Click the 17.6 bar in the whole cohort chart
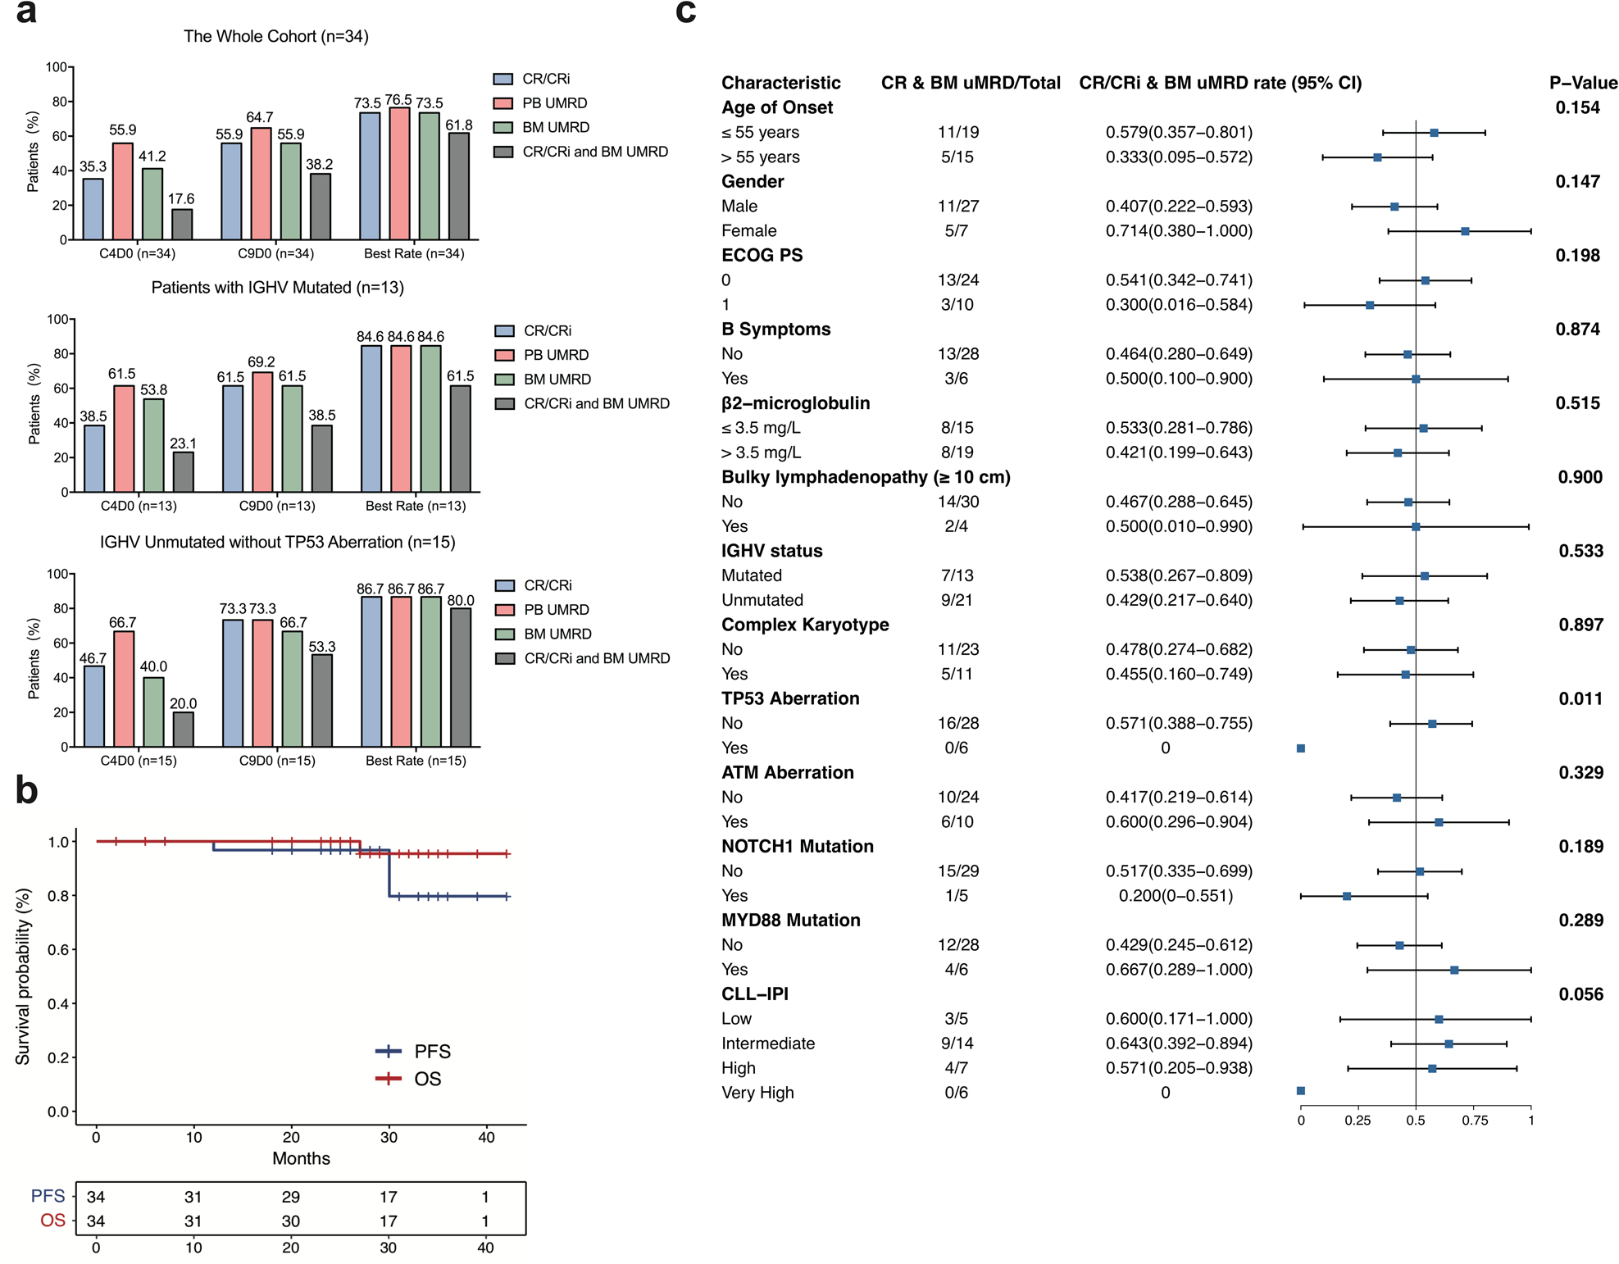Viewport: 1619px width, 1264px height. pos(182,224)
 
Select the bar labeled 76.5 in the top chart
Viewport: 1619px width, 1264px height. pos(399,174)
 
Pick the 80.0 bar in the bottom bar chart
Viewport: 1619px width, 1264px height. pos(461,676)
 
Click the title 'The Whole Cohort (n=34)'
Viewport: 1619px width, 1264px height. pos(275,36)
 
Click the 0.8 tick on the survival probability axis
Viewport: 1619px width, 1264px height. pos(58,896)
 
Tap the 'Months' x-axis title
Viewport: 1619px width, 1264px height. pos(301,1158)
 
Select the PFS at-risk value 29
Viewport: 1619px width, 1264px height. pos(290,1197)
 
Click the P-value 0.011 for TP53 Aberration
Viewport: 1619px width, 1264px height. pos(1580,698)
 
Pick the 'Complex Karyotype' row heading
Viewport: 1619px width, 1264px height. pos(804,625)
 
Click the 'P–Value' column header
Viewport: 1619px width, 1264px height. pos(1582,83)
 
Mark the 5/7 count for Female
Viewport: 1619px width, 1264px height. pos(956,231)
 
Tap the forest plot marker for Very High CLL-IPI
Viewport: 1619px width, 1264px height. pos(1301,1091)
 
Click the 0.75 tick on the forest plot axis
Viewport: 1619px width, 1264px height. pos(1474,1121)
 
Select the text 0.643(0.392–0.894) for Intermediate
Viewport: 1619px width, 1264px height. pos(1178,1043)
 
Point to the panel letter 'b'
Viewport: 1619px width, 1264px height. pos(26,790)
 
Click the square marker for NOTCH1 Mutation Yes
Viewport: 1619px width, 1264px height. pos(1347,896)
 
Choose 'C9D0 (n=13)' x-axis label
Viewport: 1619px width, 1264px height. pos(277,506)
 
